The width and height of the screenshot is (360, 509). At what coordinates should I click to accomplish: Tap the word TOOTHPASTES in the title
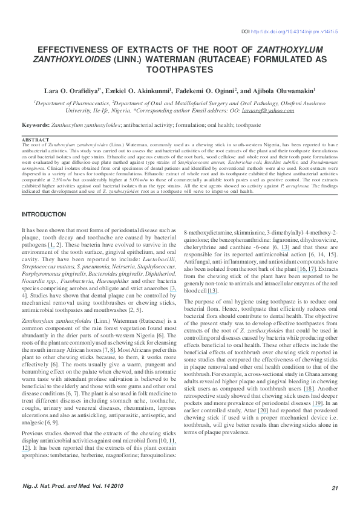[180, 70]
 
